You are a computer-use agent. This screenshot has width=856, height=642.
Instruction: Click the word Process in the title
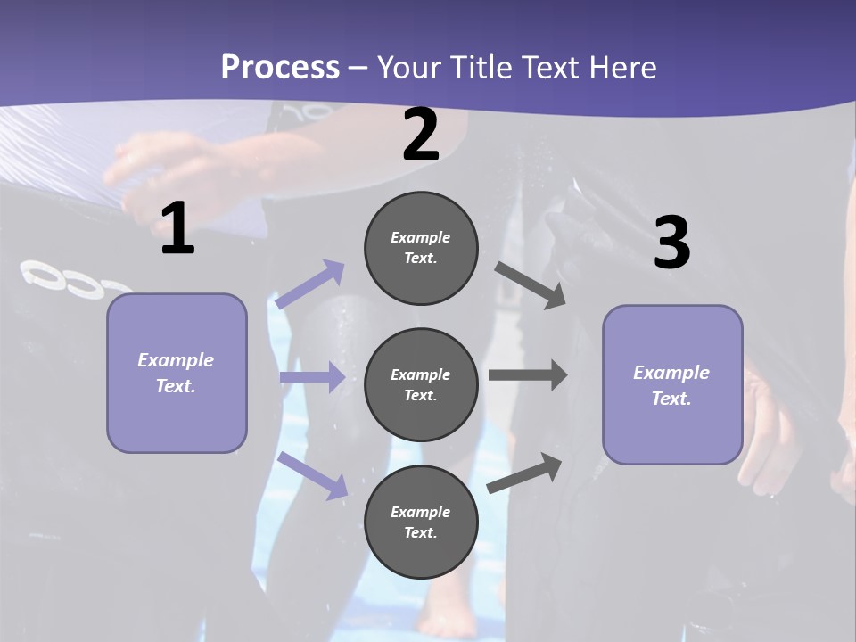point(280,67)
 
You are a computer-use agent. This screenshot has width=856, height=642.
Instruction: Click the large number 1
point(177,227)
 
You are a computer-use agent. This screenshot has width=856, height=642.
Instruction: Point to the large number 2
point(420,134)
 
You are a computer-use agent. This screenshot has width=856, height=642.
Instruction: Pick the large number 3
point(672,241)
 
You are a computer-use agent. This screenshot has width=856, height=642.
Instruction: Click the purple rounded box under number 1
point(177,374)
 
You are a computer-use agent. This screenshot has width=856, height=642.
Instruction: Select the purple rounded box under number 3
point(672,385)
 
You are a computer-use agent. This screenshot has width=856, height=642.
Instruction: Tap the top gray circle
point(421,248)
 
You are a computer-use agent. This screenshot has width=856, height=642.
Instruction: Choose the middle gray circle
point(421,385)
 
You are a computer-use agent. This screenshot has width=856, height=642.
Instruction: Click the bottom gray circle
point(421,522)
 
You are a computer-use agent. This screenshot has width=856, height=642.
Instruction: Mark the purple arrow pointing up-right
point(309,284)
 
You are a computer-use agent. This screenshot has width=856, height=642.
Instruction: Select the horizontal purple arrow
point(313,376)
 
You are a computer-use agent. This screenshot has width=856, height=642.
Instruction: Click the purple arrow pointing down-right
point(312,476)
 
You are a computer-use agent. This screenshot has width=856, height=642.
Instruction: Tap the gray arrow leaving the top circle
point(530,286)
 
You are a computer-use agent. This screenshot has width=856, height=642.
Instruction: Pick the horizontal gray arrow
point(528,375)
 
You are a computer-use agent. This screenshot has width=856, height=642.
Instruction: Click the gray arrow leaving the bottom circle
point(524,473)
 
